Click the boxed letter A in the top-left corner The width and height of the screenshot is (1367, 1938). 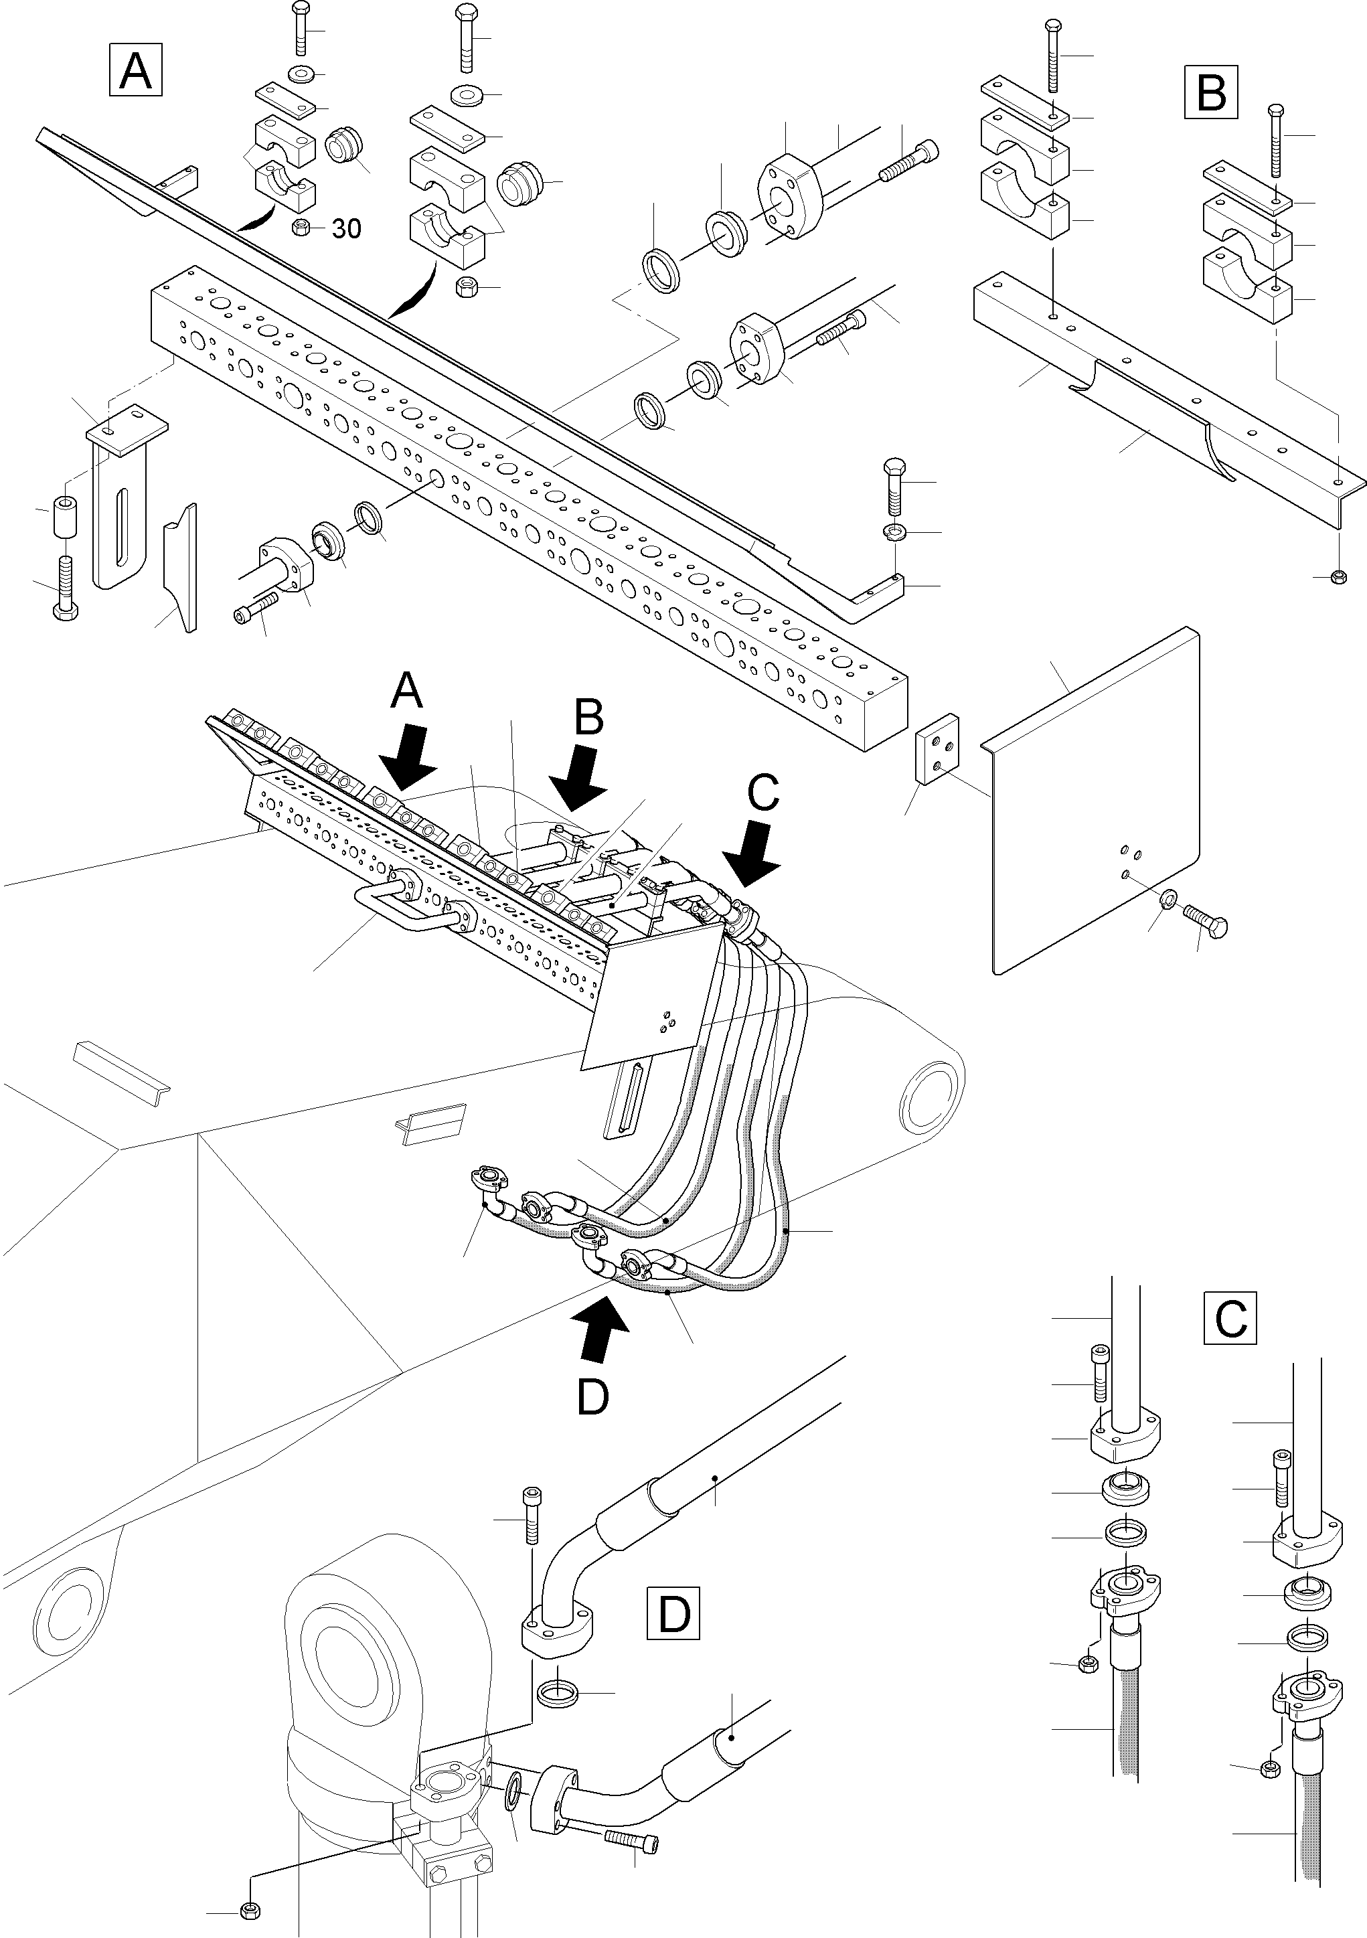tap(135, 71)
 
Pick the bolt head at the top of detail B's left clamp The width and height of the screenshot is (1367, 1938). tap(1054, 28)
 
